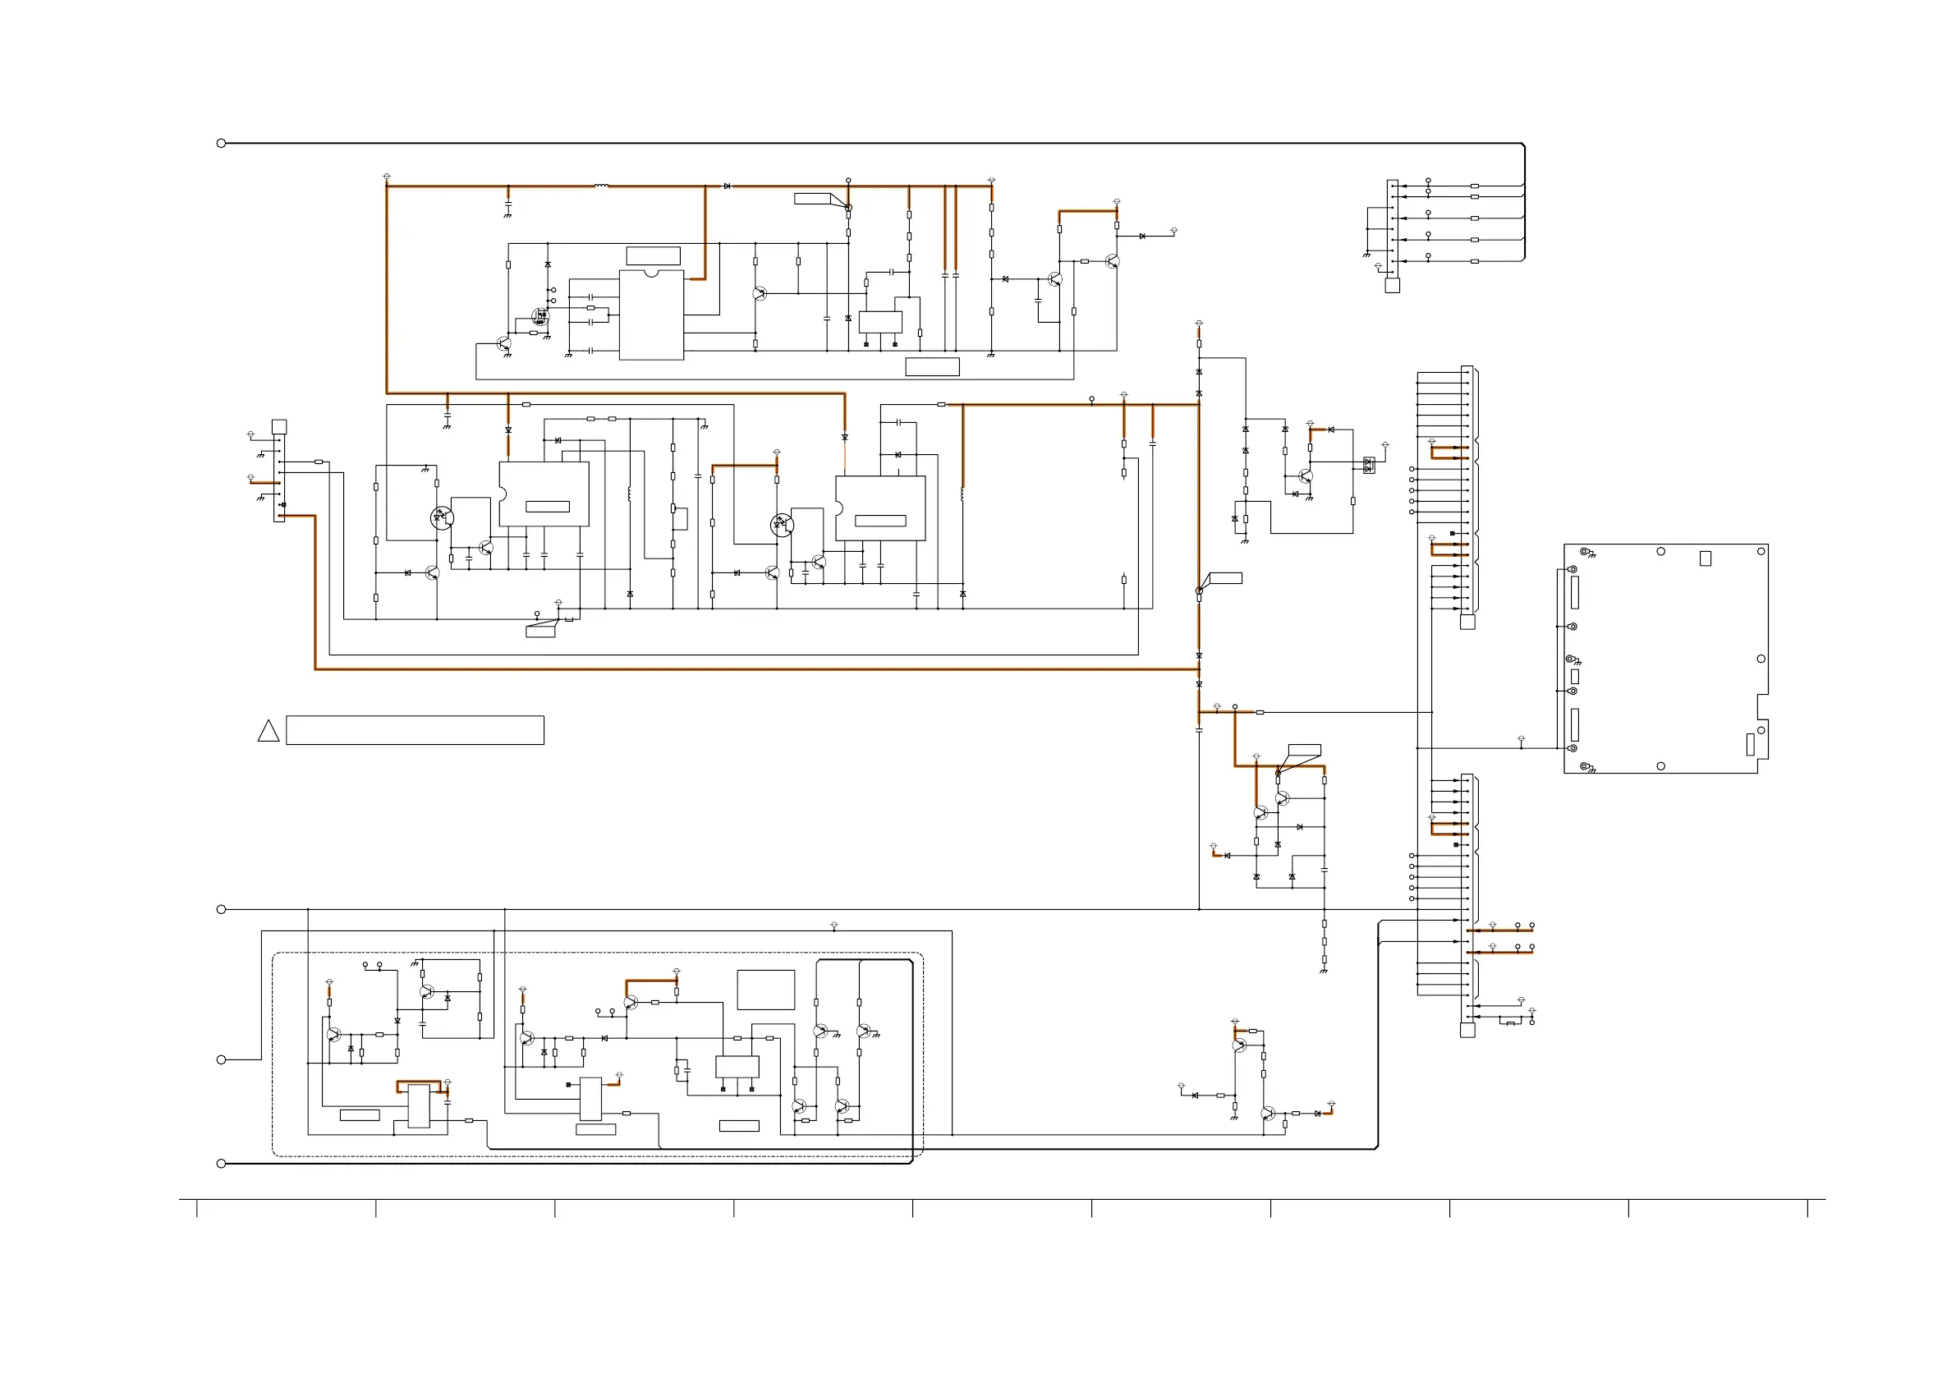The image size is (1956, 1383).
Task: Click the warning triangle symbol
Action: (x=269, y=732)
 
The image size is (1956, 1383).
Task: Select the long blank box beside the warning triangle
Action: (x=415, y=730)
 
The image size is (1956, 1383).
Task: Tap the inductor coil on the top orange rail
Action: (x=601, y=186)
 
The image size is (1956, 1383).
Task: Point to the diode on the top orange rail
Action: (x=727, y=186)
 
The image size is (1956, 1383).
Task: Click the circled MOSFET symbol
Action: (x=540, y=317)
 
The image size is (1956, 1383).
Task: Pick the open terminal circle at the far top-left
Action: (x=222, y=143)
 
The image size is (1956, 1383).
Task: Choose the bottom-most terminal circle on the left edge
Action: (x=222, y=1163)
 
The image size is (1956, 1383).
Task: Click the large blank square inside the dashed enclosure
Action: (x=766, y=990)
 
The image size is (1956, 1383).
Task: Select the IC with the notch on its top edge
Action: (x=652, y=315)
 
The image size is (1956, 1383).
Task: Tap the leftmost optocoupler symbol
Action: (x=441, y=517)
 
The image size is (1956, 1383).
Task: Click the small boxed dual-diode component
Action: (x=1368, y=466)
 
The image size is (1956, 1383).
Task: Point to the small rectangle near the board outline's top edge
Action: (x=1706, y=558)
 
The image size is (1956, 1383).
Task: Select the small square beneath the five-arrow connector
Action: (x=1392, y=286)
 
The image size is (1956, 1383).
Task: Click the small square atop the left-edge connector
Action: (x=278, y=427)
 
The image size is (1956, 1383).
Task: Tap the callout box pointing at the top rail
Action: (x=813, y=199)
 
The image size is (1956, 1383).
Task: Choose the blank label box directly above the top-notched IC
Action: (x=654, y=255)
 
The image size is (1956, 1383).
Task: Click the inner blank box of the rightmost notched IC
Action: (x=880, y=521)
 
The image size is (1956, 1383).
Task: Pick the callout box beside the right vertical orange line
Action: (x=1225, y=579)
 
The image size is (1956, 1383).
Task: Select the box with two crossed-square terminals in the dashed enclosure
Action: (x=737, y=1067)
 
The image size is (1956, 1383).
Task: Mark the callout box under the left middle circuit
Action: (x=541, y=632)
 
